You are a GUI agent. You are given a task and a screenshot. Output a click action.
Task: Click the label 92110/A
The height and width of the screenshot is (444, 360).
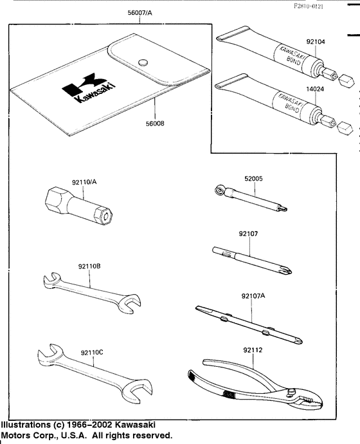(x=85, y=182)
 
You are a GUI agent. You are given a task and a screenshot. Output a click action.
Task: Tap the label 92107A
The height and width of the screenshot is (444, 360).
(x=253, y=296)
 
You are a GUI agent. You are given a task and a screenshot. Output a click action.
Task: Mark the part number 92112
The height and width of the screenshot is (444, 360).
(x=252, y=350)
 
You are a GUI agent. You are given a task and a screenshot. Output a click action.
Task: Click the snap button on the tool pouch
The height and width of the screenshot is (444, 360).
(x=143, y=62)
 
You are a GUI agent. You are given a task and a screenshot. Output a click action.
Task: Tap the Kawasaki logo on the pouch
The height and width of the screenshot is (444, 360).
(x=83, y=89)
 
